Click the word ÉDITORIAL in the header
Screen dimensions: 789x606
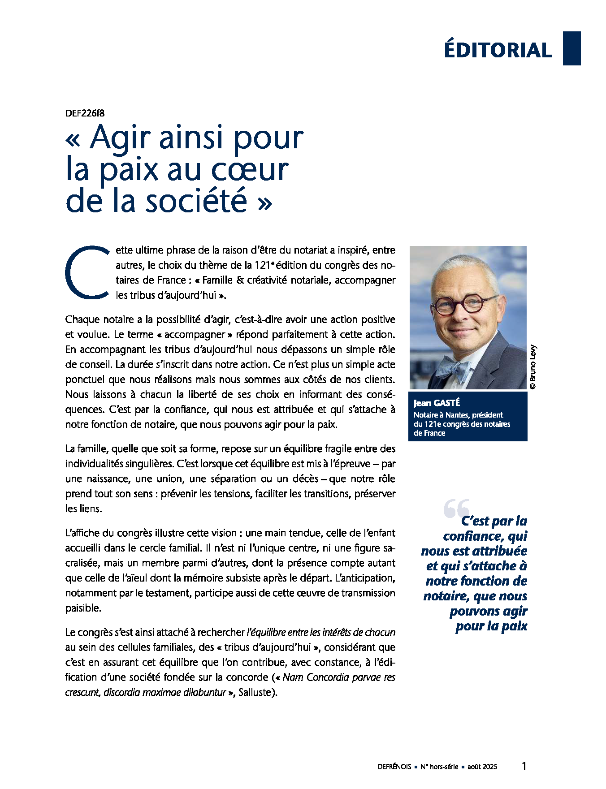(498, 50)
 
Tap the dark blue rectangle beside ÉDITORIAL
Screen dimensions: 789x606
(571, 48)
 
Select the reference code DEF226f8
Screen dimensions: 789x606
(85, 113)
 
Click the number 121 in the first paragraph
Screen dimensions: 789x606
(261, 265)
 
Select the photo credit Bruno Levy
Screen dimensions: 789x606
(532, 366)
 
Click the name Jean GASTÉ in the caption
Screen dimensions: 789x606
(437, 403)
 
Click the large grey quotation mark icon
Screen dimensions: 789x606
(456, 508)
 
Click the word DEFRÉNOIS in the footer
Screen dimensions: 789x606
(394, 767)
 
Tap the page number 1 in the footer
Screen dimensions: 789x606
(524, 766)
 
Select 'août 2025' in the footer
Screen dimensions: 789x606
(482, 767)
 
